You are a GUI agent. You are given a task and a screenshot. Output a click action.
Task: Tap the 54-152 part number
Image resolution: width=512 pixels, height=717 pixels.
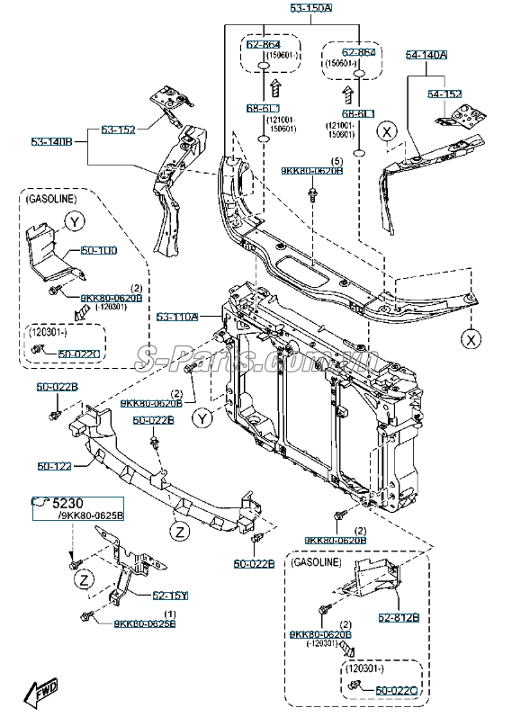[x=444, y=94]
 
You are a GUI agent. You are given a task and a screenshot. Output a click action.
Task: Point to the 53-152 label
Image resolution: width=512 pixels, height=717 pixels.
[x=118, y=130]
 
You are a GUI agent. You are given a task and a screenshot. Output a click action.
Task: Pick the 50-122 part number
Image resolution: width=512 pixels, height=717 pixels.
[x=54, y=466]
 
